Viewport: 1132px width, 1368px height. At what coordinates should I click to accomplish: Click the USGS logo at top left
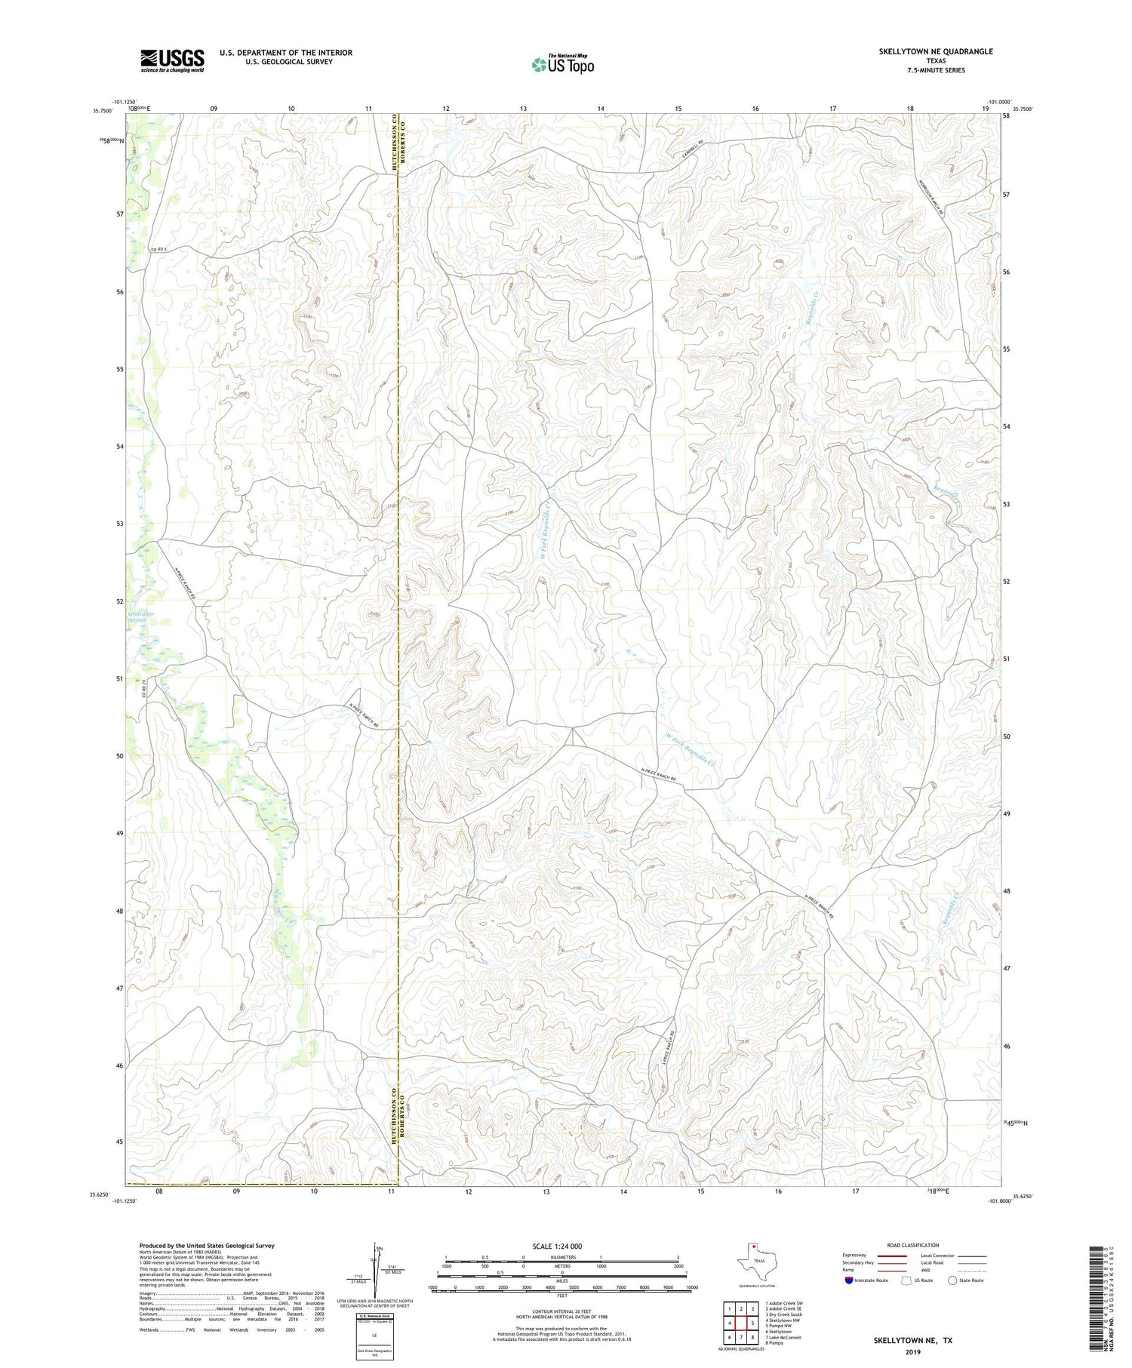[172, 60]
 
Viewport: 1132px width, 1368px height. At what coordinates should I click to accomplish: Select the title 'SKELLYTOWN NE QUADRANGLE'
[936, 51]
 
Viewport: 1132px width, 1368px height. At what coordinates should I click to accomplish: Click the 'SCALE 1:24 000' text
[558, 1246]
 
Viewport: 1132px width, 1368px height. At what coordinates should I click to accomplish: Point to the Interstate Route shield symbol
[849, 1280]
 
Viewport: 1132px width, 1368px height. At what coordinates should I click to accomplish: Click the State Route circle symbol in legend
[952, 1280]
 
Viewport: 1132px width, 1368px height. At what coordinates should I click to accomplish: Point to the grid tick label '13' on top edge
[523, 109]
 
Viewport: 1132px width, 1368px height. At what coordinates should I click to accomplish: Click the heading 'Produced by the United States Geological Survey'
[206, 1246]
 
